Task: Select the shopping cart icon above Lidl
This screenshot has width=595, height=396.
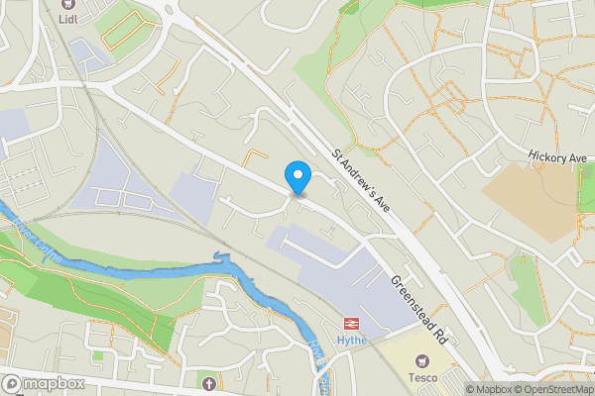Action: click(x=68, y=6)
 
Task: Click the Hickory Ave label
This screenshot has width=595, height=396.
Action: click(x=559, y=157)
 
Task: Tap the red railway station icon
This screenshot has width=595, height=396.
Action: click(x=351, y=323)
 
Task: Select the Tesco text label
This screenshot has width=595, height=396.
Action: click(x=426, y=377)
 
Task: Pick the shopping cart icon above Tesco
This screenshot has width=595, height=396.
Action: click(x=426, y=361)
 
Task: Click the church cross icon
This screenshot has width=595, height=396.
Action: click(x=208, y=382)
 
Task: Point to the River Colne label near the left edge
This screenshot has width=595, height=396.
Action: click(x=30, y=240)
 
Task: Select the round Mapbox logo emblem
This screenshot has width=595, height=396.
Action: click(x=13, y=383)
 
